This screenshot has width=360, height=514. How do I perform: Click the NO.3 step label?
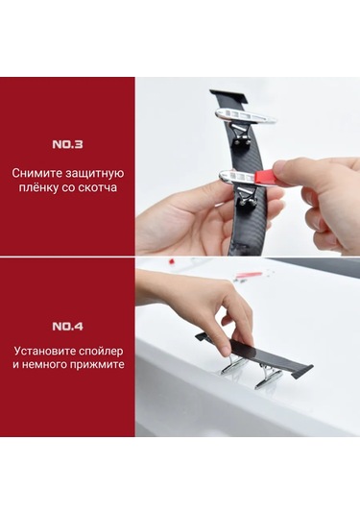pos(67,144)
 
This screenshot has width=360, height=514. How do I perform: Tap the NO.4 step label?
pos(67,327)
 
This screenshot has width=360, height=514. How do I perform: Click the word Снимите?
pos(37,173)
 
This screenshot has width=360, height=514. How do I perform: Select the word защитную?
pos(94,174)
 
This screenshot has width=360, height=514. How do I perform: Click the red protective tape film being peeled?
pos(263,177)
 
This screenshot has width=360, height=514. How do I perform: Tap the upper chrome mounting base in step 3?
pos(245,116)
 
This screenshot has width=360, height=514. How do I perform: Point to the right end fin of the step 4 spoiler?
pos(302,372)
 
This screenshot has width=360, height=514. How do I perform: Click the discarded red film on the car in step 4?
pos(249,275)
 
